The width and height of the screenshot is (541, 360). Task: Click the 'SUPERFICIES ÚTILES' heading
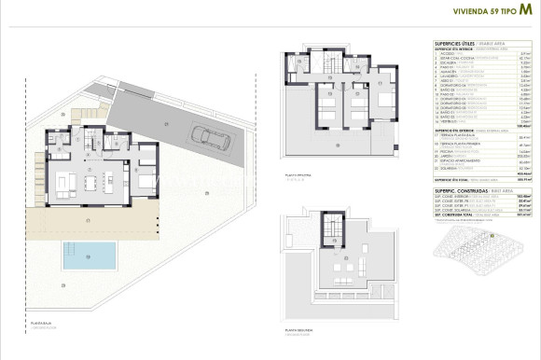point(456,44)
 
